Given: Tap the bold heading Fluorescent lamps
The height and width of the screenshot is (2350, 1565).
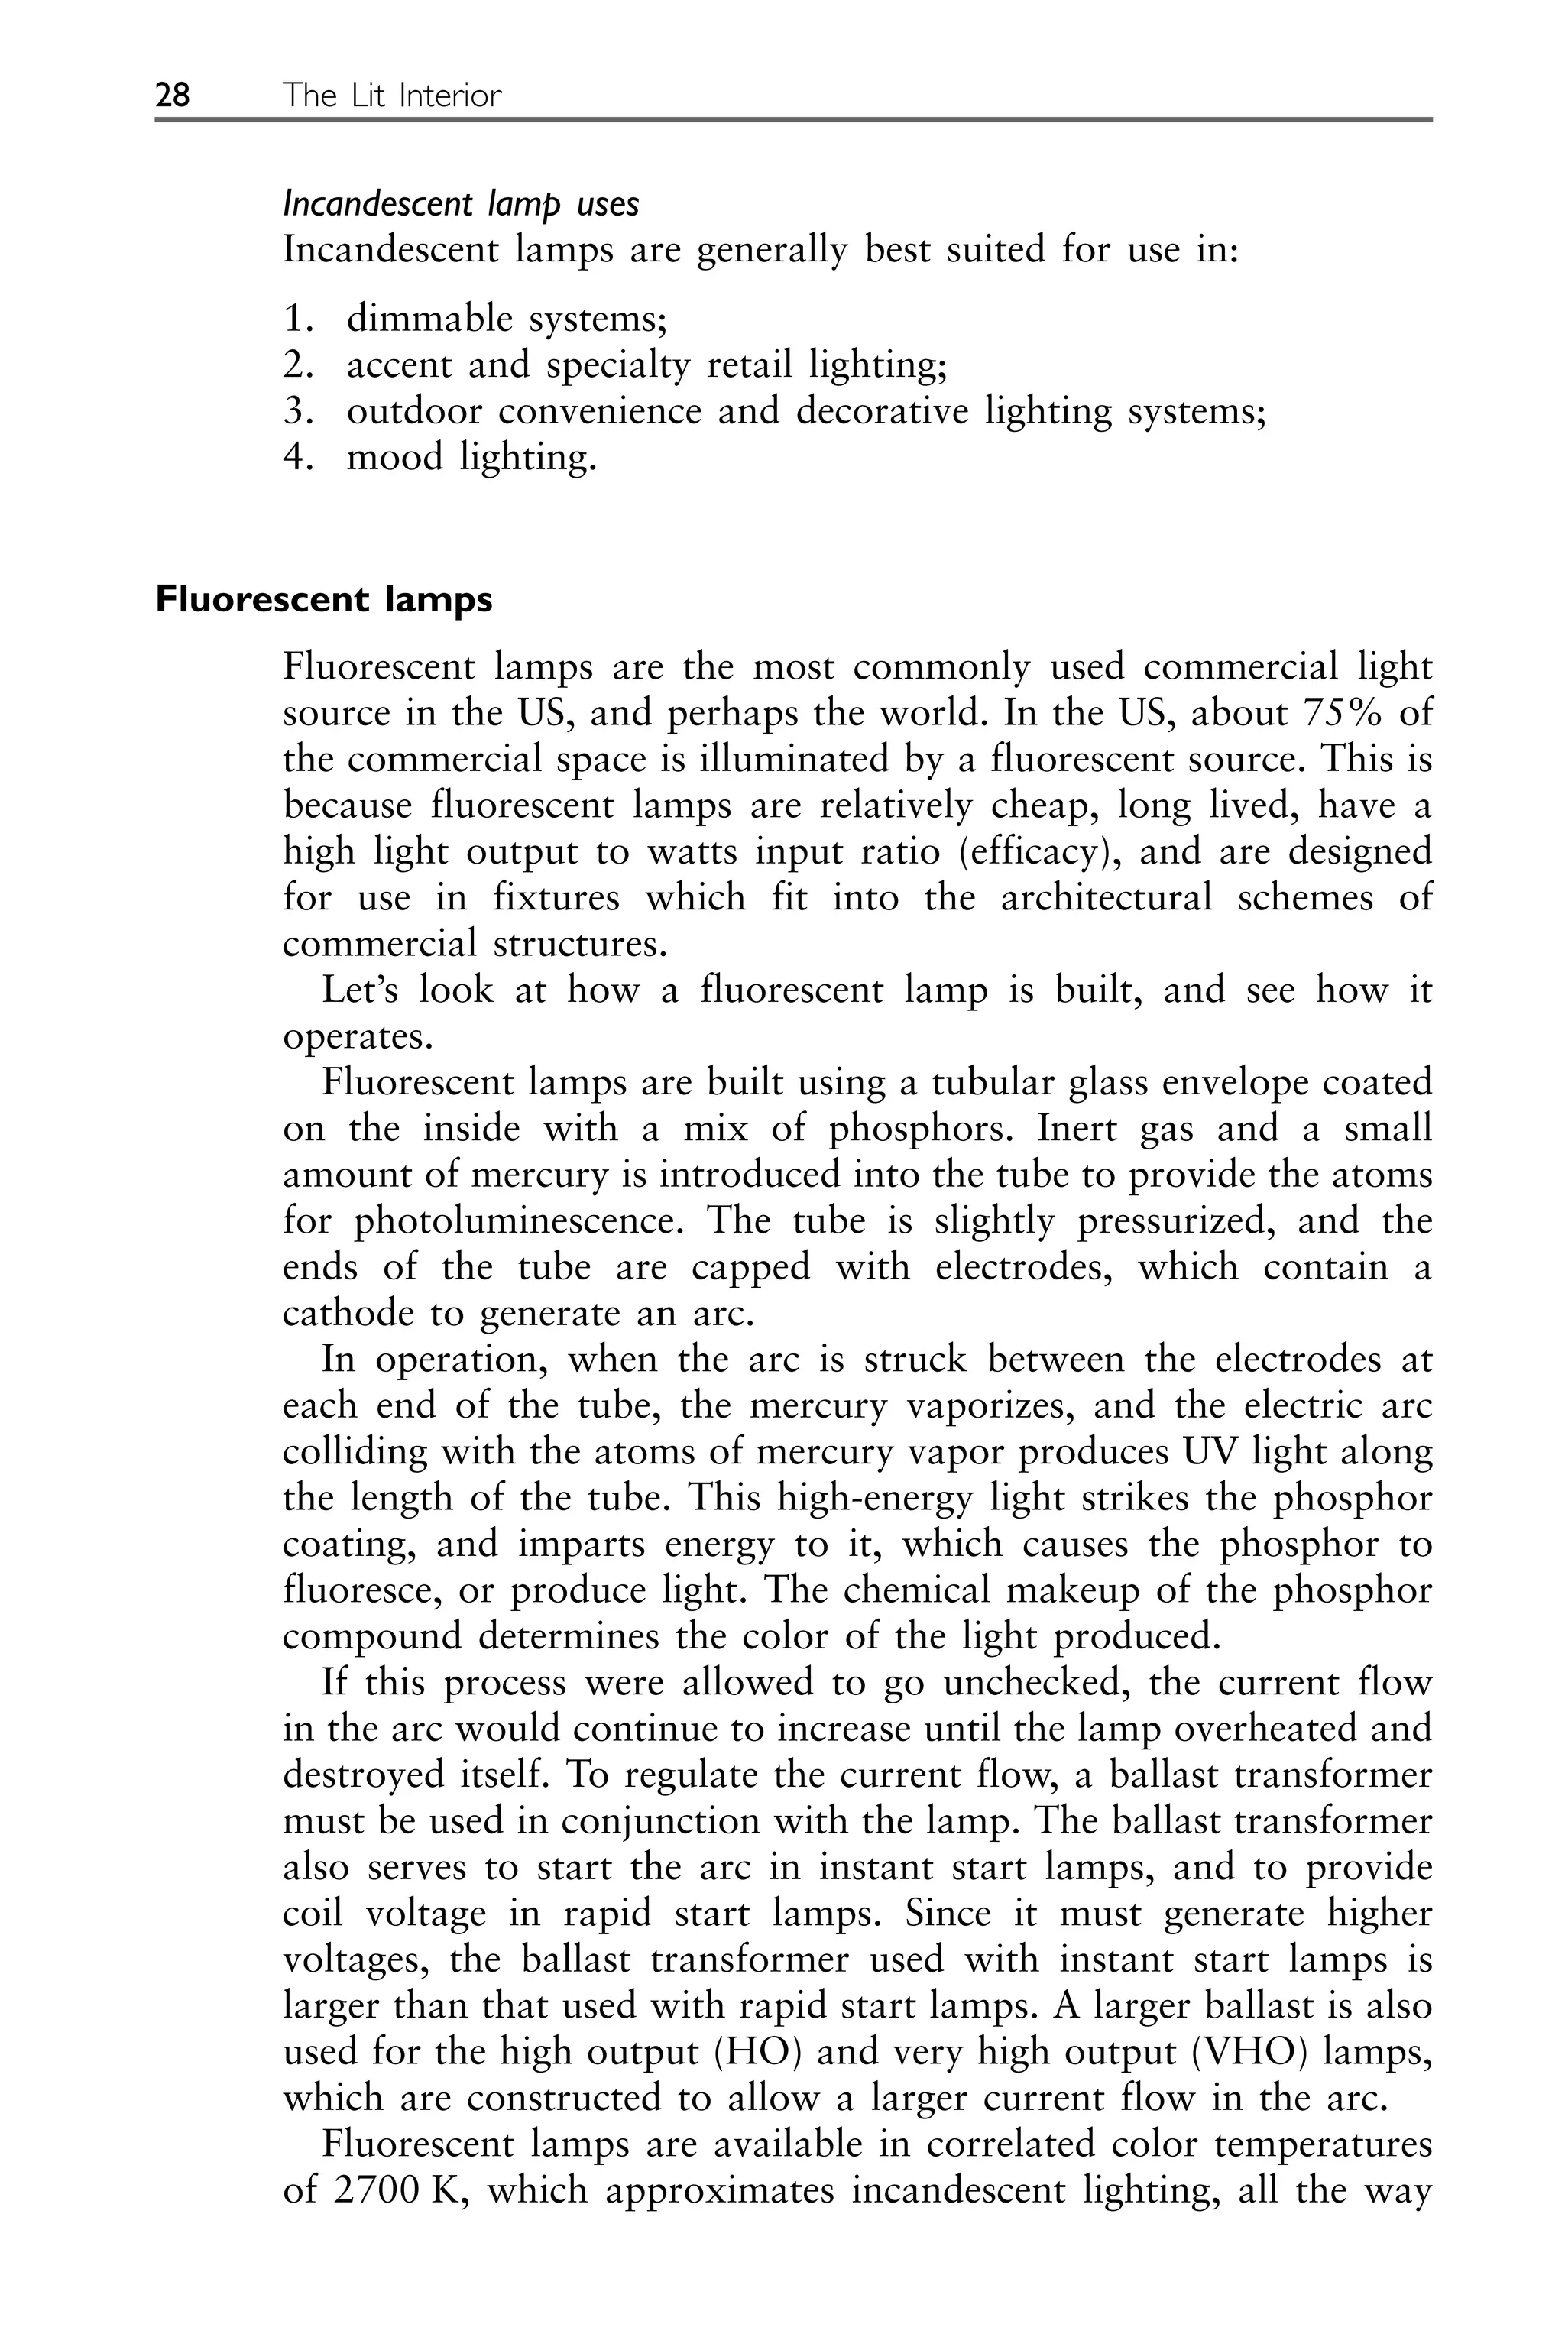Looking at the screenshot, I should pos(323,600).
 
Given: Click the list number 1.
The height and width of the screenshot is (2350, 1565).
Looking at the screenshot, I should pos(296,319).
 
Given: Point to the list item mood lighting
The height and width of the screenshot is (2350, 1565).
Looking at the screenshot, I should pos(471,457).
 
